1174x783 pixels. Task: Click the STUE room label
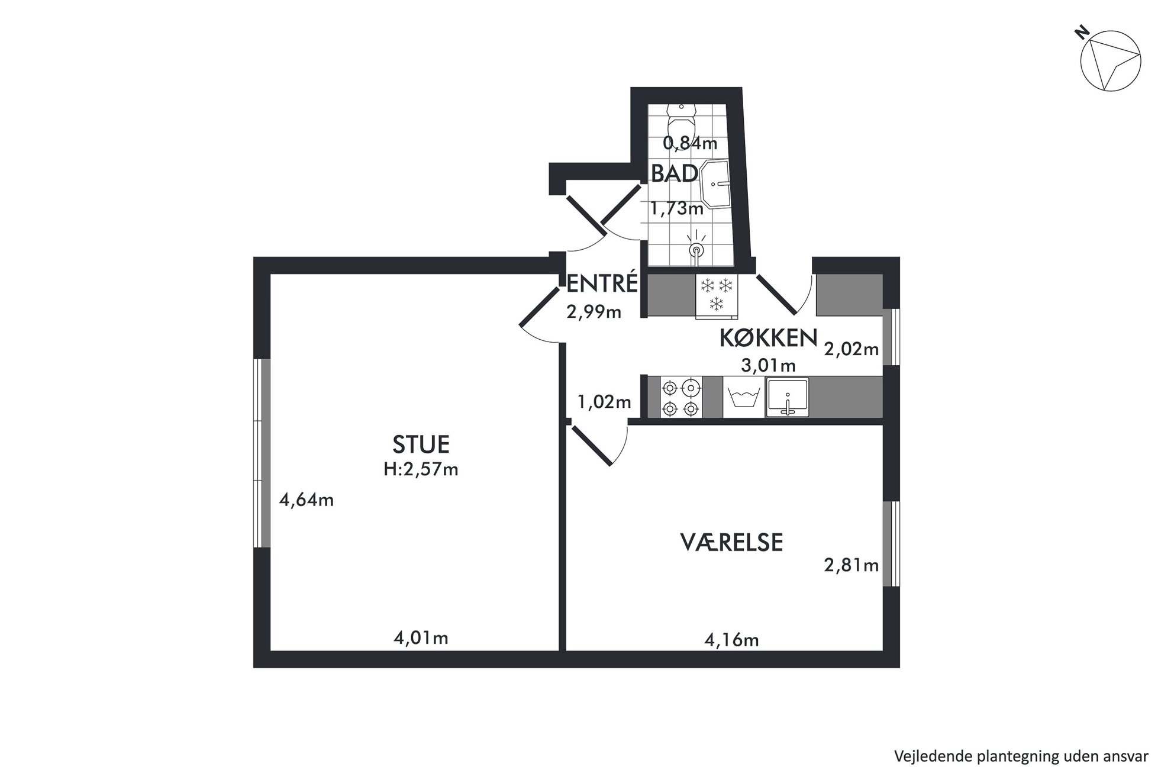coord(421,444)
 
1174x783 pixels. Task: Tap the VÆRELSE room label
coord(731,542)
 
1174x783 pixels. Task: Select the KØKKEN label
coord(768,338)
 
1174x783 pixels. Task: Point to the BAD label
coord(675,174)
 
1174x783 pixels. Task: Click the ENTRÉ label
coord(602,283)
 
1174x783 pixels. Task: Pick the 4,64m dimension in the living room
coord(307,500)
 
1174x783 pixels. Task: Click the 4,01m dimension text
coord(421,638)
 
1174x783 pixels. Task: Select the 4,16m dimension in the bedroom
coord(731,640)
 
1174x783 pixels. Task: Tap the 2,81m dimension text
coord(852,565)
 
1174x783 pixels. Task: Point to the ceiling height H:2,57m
coord(421,469)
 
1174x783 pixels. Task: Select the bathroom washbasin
coord(715,183)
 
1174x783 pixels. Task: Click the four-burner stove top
coord(680,398)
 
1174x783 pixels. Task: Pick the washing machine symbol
coord(744,397)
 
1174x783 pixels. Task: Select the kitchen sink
coord(788,397)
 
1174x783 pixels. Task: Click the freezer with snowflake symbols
coord(717,295)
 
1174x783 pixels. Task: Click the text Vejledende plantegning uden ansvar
coord(1021,756)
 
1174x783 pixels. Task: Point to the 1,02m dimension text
coord(604,402)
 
